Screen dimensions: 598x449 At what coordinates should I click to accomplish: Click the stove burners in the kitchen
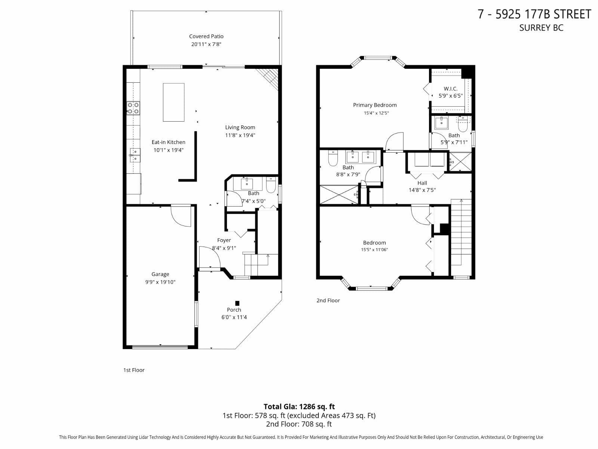[133, 108]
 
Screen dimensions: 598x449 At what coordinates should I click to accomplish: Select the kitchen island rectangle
[173, 102]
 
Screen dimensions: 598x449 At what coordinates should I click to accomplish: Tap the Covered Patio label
[206, 36]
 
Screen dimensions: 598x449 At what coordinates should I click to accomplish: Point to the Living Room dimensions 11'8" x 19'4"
[240, 135]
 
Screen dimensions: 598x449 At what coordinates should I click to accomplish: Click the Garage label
[160, 274]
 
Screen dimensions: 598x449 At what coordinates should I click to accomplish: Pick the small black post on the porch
[237, 303]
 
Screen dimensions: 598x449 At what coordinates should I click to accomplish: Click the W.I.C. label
[451, 89]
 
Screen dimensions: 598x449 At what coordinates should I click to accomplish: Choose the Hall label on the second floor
[422, 183]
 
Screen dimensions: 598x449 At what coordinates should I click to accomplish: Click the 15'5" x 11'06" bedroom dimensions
[374, 250]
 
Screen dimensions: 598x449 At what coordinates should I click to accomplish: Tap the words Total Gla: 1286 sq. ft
[299, 406]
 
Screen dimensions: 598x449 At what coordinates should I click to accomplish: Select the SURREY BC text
[541, 28]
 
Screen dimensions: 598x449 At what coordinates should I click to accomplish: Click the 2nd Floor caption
[328, 300]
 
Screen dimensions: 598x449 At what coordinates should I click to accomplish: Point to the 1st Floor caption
[134, 370]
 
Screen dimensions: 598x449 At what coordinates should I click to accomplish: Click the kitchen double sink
[135, 155]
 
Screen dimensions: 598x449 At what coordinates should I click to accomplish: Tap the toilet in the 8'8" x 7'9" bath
[333, 158]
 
